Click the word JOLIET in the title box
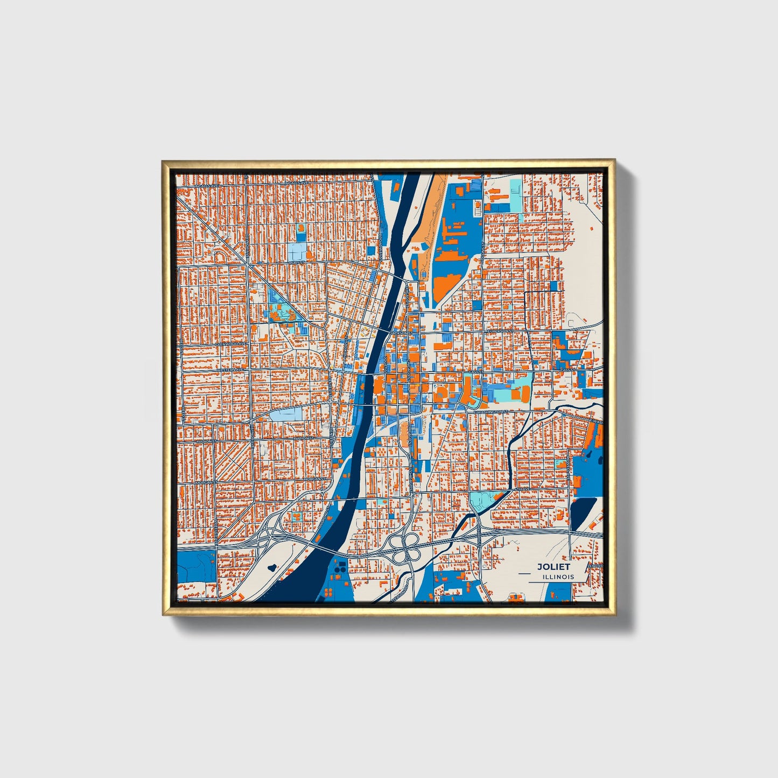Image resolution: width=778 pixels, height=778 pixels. (553, 566)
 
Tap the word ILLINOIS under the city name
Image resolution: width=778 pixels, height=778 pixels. (558, 577)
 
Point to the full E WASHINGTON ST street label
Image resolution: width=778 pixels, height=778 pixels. (490, 411)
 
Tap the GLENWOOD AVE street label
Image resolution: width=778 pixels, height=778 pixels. (230, 344)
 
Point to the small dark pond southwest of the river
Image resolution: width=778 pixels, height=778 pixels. (271, 567)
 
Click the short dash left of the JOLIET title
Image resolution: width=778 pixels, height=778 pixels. (524, 574)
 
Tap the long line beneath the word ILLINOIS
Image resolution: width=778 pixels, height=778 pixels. (551, 582)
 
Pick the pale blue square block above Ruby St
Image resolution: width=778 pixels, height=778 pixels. (296, 250)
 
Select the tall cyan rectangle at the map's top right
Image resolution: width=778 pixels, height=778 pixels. (515, 195)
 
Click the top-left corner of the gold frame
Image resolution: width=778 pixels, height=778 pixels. (162, 160)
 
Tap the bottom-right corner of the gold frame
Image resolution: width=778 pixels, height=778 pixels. (615, 614)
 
